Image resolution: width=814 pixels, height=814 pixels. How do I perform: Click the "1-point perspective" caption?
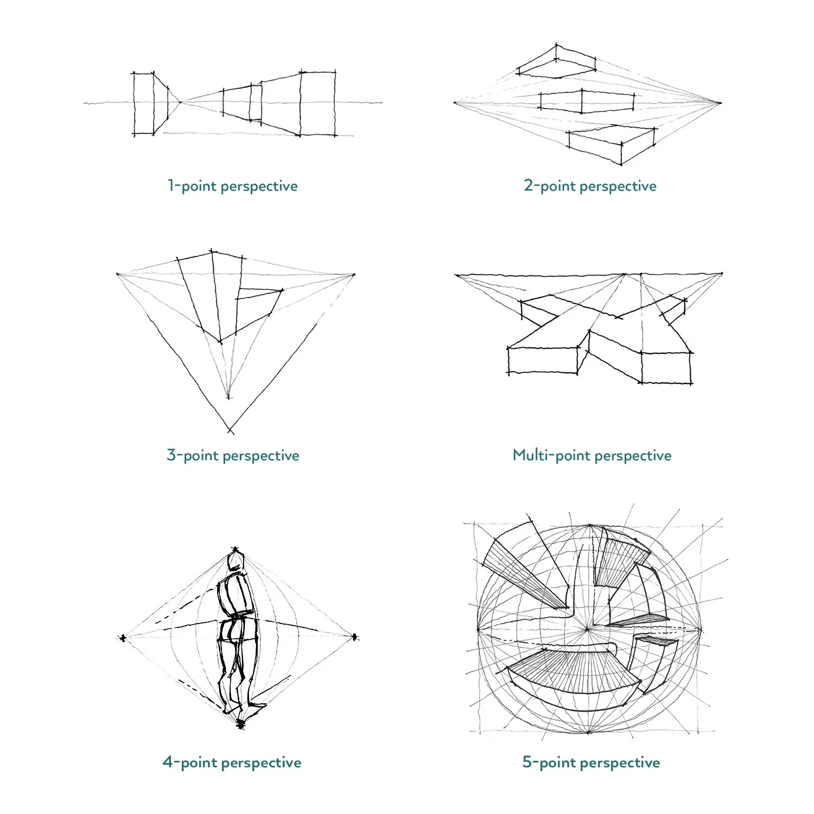(x=232, y=186)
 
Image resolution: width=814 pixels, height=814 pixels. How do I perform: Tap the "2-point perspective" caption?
(x=590, y=186)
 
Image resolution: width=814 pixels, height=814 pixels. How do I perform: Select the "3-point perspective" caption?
(x=233, y=455)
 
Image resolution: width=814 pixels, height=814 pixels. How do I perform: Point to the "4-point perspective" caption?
(x=232, y=762)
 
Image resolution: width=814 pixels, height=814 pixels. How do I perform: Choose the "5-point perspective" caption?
(x=591, y=762)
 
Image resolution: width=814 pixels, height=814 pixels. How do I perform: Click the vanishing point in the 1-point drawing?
(x=181, y=101)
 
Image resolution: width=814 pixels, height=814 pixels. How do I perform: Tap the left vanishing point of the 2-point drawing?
(x=455, y=102)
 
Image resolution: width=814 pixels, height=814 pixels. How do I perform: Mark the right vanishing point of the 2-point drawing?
(x=720, y=103)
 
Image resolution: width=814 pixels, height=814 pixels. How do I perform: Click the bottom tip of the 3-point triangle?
(x=231, y=431)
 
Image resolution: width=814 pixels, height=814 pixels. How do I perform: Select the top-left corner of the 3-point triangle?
(x=118, y=274)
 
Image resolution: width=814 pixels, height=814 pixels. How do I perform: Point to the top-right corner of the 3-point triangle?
(x=354, y=275)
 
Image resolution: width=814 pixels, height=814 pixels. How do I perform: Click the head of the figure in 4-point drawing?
(x=236, y=560)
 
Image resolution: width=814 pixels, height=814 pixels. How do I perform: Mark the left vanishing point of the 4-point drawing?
(x=123, y=638)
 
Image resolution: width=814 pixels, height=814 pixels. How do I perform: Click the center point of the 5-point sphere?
(x=588, y=629)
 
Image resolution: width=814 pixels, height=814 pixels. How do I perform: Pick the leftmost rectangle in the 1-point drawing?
(x=144, y=103)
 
